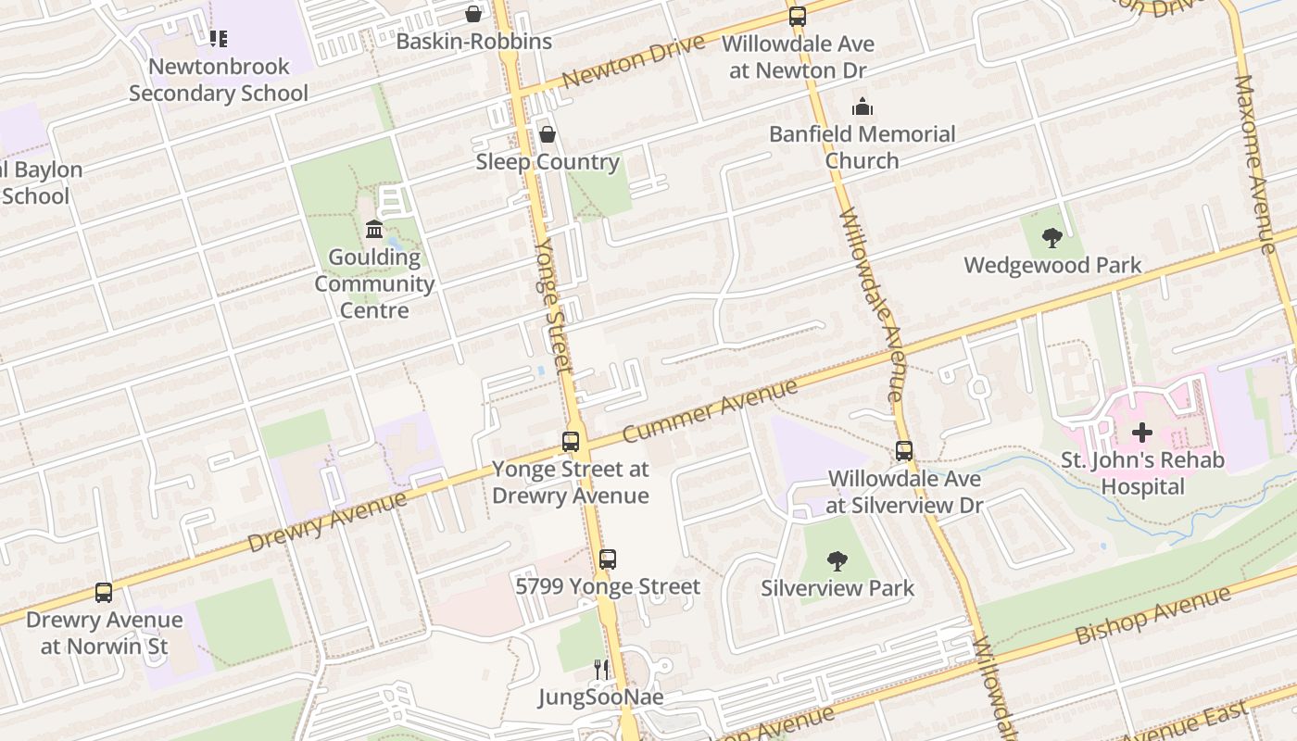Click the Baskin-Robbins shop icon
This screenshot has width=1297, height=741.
click(473, 14)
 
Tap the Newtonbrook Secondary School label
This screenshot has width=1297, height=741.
click(219, 80)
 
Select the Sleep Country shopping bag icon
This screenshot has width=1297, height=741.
click(548, 134)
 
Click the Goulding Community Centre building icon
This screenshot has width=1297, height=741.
click(374, 229)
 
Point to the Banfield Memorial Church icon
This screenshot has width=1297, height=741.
click(863, 107)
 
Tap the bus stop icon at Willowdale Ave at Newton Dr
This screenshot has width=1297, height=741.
click(797, 16)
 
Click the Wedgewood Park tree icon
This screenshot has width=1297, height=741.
click(1051, 238)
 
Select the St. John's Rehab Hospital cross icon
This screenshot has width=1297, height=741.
click(1142, 433)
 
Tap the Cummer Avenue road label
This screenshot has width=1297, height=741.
click(710, 410)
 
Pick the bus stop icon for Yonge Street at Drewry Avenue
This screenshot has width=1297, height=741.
click(571, 442)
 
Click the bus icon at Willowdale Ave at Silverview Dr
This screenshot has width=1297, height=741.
click(903, 451)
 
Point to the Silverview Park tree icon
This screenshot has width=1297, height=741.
click(837, 560)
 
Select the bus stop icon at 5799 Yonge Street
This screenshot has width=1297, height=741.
click(608, 559)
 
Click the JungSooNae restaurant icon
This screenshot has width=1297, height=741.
click(602, 669)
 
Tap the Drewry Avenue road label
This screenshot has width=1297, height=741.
click(327, 524)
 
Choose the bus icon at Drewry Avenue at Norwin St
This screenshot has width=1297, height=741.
click(104, 592)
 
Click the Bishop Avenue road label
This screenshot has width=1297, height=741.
click(1153, 616)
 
